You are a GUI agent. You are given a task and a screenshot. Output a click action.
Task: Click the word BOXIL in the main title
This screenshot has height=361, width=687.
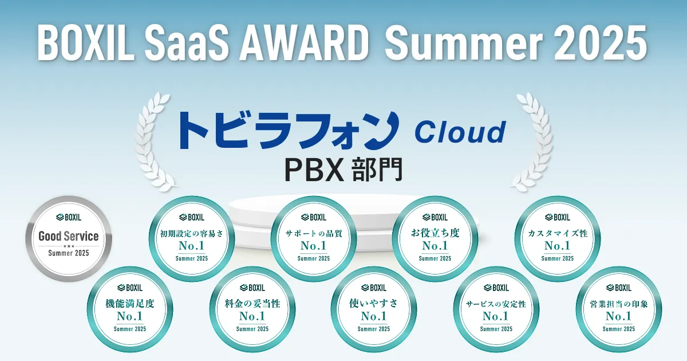coord(86,42)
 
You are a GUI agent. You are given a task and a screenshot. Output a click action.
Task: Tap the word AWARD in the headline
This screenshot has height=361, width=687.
coord(303,42)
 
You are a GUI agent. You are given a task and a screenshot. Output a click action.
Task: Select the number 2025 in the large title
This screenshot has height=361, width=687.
coord(599,42)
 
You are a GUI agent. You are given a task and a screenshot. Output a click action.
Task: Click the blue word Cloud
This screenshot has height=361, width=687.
coord(460,132)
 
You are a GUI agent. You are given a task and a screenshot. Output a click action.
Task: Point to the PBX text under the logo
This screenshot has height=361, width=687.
coord(314,170)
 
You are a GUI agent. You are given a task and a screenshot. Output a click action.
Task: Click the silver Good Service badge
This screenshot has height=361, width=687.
coord(69,239)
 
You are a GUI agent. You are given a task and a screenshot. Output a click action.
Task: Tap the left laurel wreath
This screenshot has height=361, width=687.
coord(155,142)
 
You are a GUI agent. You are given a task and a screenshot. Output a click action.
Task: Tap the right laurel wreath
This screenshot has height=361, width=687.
coord(532,142)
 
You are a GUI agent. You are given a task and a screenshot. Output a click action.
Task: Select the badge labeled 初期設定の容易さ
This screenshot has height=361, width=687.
coord(192,239)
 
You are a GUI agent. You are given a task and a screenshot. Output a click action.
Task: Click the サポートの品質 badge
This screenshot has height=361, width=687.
coord(314,239)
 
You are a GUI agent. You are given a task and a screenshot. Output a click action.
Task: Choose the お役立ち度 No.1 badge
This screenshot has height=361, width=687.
coord(435,239)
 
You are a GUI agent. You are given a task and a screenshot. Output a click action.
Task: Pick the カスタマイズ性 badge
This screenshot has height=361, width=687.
coord(557,239)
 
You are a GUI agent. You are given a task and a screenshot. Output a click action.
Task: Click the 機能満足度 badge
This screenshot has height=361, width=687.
coord(130,309)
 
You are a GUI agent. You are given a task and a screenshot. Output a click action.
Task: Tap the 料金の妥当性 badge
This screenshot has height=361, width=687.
coord(252,309)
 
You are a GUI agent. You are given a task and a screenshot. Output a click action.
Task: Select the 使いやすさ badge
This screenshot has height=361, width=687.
coord(373,309)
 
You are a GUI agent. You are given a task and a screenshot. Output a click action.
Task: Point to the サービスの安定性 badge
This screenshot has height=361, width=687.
coord(496,309)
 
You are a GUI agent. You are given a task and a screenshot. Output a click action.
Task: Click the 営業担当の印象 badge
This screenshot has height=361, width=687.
coord(619,309)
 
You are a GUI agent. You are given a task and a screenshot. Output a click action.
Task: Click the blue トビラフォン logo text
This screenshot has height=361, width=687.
coord(289,131)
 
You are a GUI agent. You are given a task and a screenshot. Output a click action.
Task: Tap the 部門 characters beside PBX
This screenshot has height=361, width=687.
coord(377,170)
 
